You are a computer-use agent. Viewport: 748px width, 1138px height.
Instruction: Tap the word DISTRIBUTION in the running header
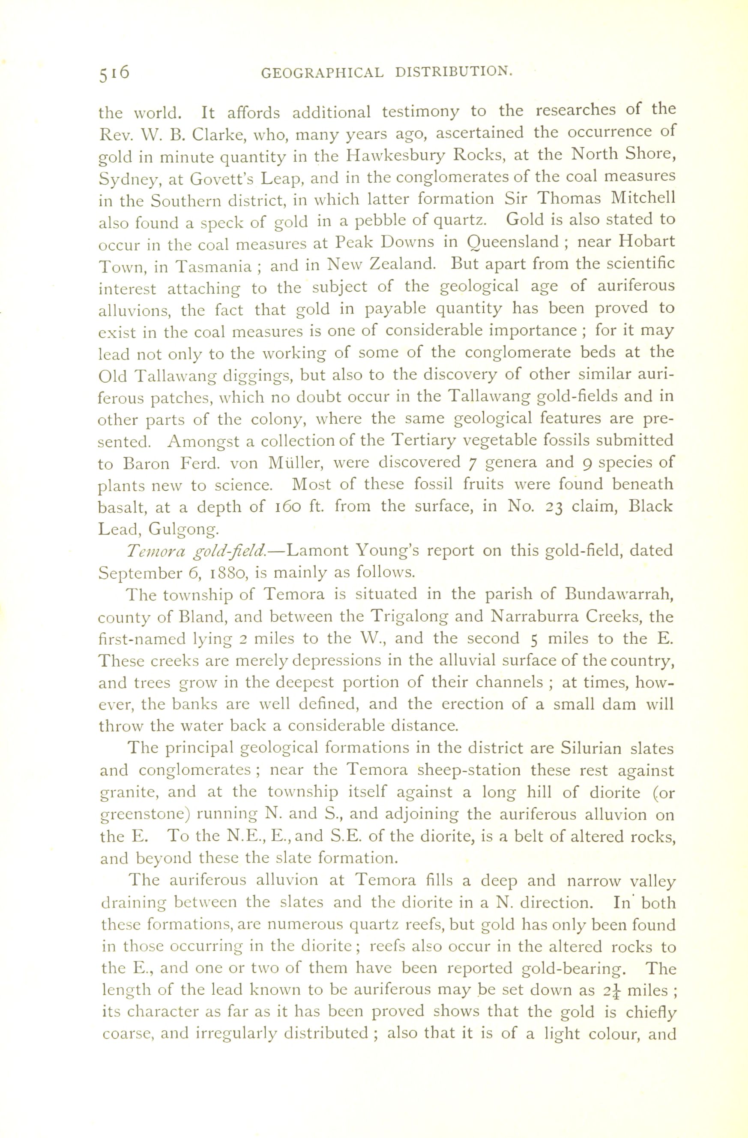click(x=454, y=72)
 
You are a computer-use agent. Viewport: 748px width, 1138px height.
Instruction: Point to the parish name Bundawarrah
click(x=619, y=595)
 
